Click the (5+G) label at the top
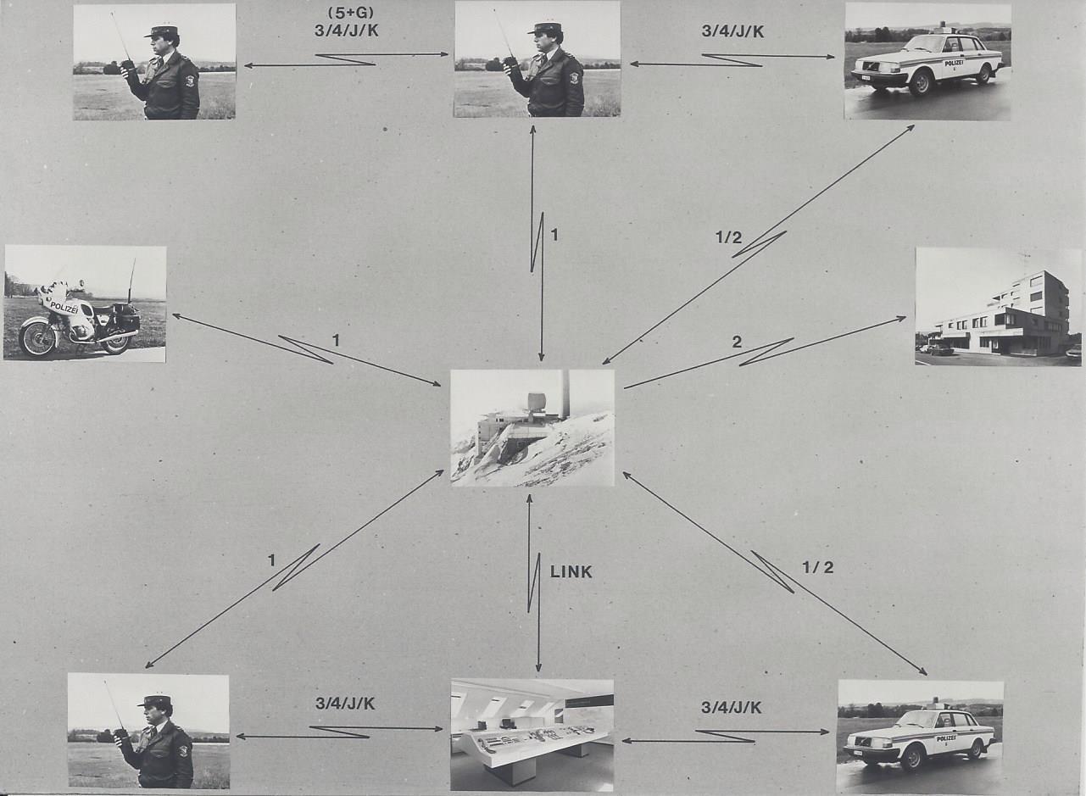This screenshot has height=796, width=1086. [x=347, y=12]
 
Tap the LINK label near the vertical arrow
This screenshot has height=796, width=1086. [x=571, y=572]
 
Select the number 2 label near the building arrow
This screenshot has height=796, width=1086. [x=737, y=342]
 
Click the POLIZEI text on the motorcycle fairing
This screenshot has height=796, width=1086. [x=64, y=308]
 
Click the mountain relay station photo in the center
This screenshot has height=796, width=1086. [x=532, y=428]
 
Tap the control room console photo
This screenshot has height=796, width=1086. [x=532, y=735]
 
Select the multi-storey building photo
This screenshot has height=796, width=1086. [x=998, y=306]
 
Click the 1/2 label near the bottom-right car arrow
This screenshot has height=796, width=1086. [x=818, y=568]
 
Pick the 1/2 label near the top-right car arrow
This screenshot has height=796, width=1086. [x=729, y=237]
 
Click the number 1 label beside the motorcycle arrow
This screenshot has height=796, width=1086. [x=336, y=342]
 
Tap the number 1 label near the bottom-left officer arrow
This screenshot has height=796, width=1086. [x=271, y=560]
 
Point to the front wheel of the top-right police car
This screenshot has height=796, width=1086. [x=920, y=82]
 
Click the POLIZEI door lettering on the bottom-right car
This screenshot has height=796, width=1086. [x=946, y=738]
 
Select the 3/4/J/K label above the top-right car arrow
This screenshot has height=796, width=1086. [x=732, y=31]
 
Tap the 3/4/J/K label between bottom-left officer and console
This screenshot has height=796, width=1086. [x=345, y=704]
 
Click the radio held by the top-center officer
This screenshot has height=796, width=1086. [x=510, y=64]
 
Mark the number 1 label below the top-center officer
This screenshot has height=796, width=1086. [x=554, y=236]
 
